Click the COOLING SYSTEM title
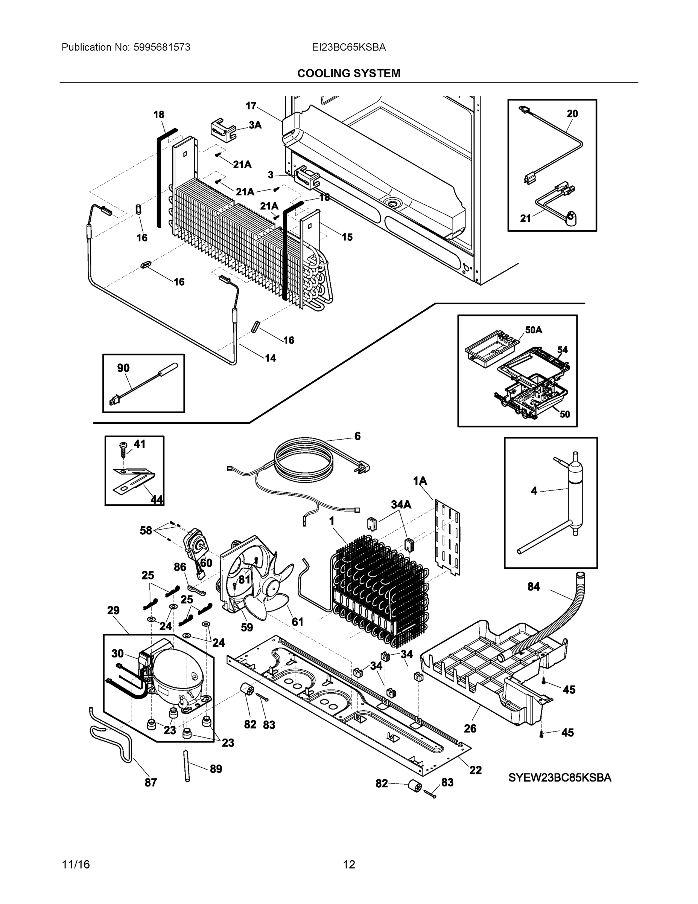pyautogui.click(x=348, y=73)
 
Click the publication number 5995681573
pyautogui.click(x=162, y=47)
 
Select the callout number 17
pyautogui.click(x=251, y=105)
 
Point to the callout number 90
pyautogui.click(x=123, y=368)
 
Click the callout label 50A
pyautogui.click(x=534, y=330)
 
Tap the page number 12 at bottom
pyautogui.click(x=349, y=864)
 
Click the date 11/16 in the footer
pyautogui.click(x=76, y=864)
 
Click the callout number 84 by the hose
pyautogui.click(x=534, y=586)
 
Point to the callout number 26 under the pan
pyautogui.click(x=470, y=728)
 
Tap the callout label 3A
pyautogui.click(x=255, y=125)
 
